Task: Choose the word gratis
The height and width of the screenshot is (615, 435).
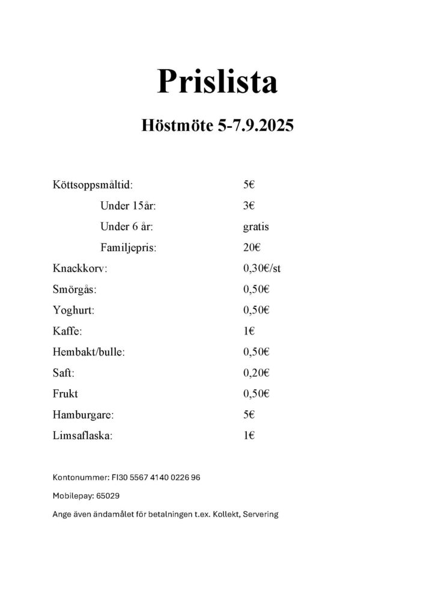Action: click(256, 227)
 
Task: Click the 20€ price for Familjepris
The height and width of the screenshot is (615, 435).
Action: click(251, 247)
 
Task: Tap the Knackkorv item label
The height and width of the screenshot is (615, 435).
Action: click(80, 268)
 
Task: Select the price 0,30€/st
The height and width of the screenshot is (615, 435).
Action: click(262, 268)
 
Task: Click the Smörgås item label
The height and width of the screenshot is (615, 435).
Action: click(75, 289)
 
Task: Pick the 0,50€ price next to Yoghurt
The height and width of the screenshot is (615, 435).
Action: click(256, 310)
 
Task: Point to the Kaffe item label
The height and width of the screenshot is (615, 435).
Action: click(67, 331)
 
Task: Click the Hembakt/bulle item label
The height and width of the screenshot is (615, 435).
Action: click(89, 352)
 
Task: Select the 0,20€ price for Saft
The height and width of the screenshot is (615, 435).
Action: click(256, 373)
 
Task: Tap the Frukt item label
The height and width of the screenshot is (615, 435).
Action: click(65, 394)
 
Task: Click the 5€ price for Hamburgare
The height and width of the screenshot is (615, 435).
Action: click(249, 414)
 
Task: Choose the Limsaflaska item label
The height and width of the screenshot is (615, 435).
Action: click(82, 435)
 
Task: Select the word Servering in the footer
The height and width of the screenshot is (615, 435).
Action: click(261, 515)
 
